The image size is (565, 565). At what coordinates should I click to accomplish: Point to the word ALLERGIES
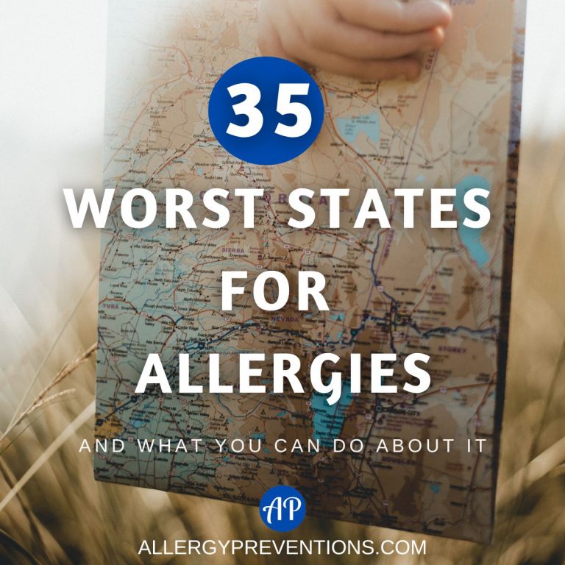pyautogui.click(x=282, y=374)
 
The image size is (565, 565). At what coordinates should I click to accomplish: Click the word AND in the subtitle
pyautogui.click(x=99, y=445)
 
